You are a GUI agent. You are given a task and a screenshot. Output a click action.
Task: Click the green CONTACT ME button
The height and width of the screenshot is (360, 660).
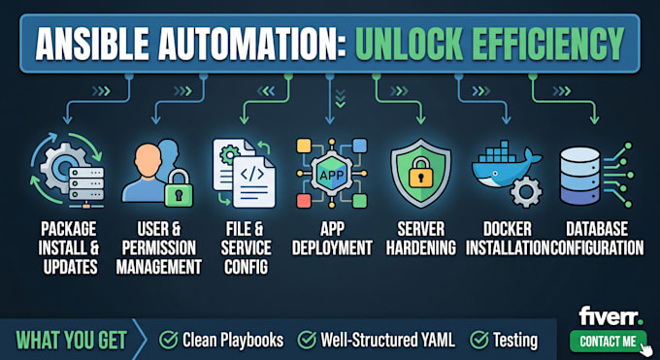[x=609, y=341]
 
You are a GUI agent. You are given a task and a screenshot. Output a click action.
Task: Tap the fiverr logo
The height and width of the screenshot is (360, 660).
[x=610, y=316]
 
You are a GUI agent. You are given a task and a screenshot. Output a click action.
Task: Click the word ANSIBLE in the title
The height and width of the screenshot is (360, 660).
[x=92, y=44]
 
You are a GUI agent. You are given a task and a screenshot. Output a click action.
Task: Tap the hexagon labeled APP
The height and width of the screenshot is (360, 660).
[x=332, y=174]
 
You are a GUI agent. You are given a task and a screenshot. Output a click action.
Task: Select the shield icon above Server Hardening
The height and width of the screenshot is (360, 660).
[x=420, y=174]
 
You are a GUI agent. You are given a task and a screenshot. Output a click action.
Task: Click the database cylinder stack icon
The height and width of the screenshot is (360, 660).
[x=579, y=176]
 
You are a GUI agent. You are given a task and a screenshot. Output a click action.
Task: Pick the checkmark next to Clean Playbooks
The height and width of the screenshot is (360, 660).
[x=168, y=340]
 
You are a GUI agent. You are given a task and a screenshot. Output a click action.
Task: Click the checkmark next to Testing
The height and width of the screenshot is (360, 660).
[x=479, y=340]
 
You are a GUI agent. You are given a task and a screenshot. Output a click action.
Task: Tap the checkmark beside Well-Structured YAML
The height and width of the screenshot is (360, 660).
[x=307, y=340]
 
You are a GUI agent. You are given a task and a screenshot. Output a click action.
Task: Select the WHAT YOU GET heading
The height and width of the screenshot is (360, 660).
[x=71, y=341]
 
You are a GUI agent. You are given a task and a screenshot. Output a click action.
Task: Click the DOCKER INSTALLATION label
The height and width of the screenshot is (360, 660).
[x=508, y=239]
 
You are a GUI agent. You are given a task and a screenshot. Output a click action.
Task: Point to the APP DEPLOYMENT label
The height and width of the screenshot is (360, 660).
[x=332, y=239]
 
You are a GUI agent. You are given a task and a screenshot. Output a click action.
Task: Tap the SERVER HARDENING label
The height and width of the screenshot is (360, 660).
[x=421, y=239]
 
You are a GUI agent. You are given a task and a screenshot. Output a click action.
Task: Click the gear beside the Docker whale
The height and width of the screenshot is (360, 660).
[x=526, y=191]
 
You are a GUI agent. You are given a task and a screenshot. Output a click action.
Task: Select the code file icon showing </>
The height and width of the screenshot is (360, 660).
[x=253, y=181]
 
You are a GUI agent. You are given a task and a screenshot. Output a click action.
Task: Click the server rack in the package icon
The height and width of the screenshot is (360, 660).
[x=86, y=184]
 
